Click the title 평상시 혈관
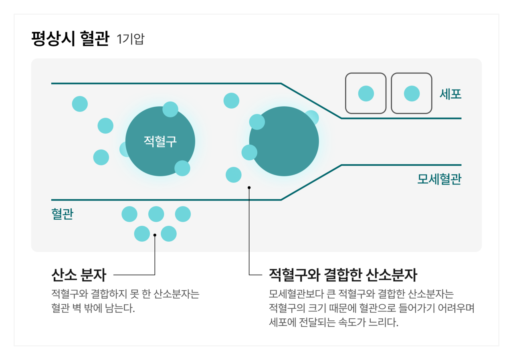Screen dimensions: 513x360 click(x=70, y=40)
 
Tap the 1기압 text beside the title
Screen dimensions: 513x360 click(x=130, y=40)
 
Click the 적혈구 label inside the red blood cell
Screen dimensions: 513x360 click(x=160, y=141)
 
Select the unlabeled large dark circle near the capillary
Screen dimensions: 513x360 click(x=284, y=141)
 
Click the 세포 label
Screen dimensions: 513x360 click(x=450, y=94)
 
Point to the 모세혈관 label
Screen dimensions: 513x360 click(x=439, y=179)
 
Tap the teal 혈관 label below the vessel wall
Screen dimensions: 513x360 click(x=62, y=214)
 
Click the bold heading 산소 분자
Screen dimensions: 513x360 click(x=79, y=275)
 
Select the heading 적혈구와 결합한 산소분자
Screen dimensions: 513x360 click(x=343, y=275)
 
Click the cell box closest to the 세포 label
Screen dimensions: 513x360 click(x=412, y=93)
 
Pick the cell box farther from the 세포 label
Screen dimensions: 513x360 click(x=366, y=93)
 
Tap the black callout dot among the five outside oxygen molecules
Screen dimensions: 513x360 click(x=155, y=235)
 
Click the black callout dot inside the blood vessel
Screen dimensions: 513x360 click(x=249, y=187)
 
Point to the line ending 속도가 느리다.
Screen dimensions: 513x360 click(x=333, y=322)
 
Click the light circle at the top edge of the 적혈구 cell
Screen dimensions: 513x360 click(x=170, y=109)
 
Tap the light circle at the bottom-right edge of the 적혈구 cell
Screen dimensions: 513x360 click(x=182, y=168)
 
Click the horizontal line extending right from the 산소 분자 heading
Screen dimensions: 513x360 click(x=134, y=275)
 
